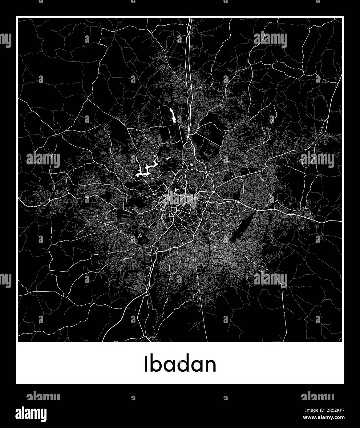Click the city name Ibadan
tap(180, 364)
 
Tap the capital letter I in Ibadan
tap(145, 364)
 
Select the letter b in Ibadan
tap(154, 364)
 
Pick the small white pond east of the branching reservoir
tap(168, 159)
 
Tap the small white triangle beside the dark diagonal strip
tap(245, 210)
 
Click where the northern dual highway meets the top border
tap(191, 18)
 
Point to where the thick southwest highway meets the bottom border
tap(103, 341)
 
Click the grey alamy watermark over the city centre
tap(180, 199)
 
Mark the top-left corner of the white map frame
tap(17, 17)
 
